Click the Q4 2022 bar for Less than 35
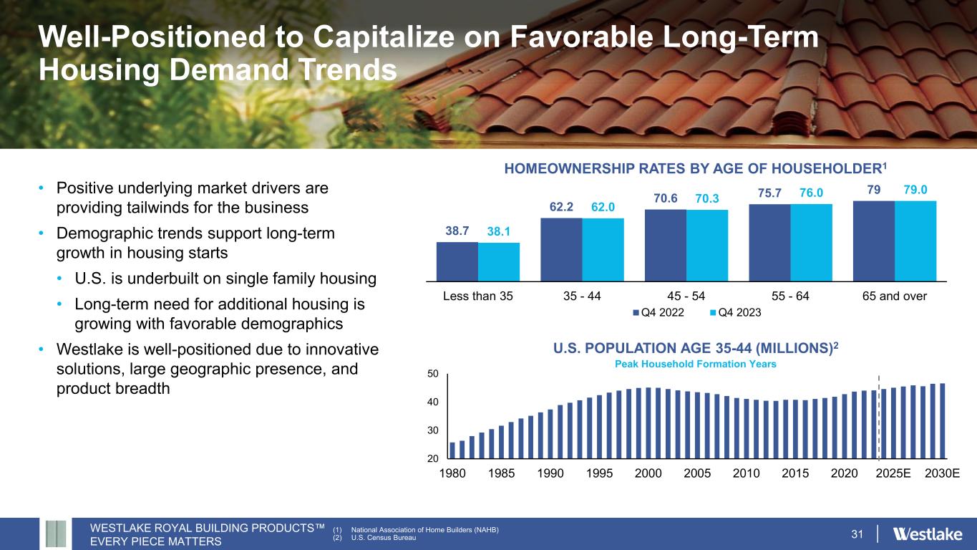pyautogui.click(x=457, y=261)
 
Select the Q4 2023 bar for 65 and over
pyautogui.click(x=915, y=241)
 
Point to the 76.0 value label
pyautogui.click(x=812, y=194)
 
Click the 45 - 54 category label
pyautogui.click(x=685, y=295)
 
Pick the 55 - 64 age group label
pyautogui.click(x=789, y=295)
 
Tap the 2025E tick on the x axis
pyautogui.click(x=893, y=474)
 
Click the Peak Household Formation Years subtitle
pyautogui.click(x=696, y=364)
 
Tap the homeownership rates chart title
pyautogui.click(x=696, y=170)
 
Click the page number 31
pyautogui.click(x=858, y=534)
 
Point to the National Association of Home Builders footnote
pyautogui.click(x=415, y=529)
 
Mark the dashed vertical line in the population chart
pyautogui.click(x=878, y=415)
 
